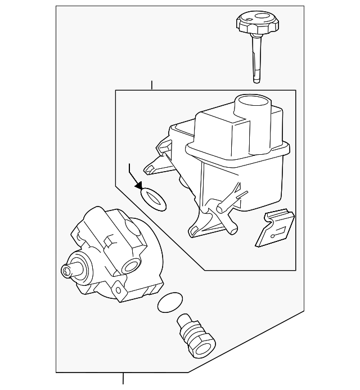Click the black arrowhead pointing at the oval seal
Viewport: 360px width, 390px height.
pos(137,186)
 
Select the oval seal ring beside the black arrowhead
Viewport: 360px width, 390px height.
pos(152,199)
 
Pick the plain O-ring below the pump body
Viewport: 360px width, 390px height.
pos(169,303)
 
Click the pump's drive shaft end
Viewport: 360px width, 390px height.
pos(67,271)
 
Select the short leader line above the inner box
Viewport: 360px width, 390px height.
pos(151,86)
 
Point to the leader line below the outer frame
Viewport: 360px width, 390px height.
pos(123,381)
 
